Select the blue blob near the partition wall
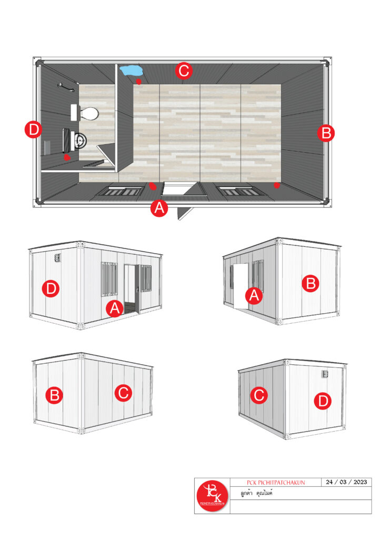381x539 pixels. pyautogui.click(x=131, y=70)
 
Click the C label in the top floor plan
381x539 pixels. pyautogui.click(x=184, y=71)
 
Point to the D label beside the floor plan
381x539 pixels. pyautogui.click(x=34, y=130)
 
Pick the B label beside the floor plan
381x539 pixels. pyautogui.click(x=326, y=133)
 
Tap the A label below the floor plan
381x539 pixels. pyautogui.click(x=159, y=208)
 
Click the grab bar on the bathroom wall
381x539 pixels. pyautogui.click(x=66, y=87)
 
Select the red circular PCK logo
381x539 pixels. pyautogui.click(x=212, y=496)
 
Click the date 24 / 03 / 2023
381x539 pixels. pyautogui.click(x=346, y=482)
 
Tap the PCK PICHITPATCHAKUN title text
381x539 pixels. pyautogui.click(x=276, y=483)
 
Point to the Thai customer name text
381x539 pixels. pyautogui.click(x=256, y=493)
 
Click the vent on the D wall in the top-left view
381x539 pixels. pyautogui.click(x=57, y=258)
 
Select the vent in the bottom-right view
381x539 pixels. pyautogui.click(x=325, y=374)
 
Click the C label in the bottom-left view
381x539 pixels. pyautogui.click(x=123, y=393)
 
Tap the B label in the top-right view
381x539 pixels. pyautogui.click(x=310, y=284)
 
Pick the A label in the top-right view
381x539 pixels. pyautogui.click(x=254, y=296)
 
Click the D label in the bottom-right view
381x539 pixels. pyautogui.click(x=323, y=401)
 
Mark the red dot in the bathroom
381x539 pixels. pyautogui.click(x=67, y=157)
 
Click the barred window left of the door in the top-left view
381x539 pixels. pyautogui.click(x=109, y=279)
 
